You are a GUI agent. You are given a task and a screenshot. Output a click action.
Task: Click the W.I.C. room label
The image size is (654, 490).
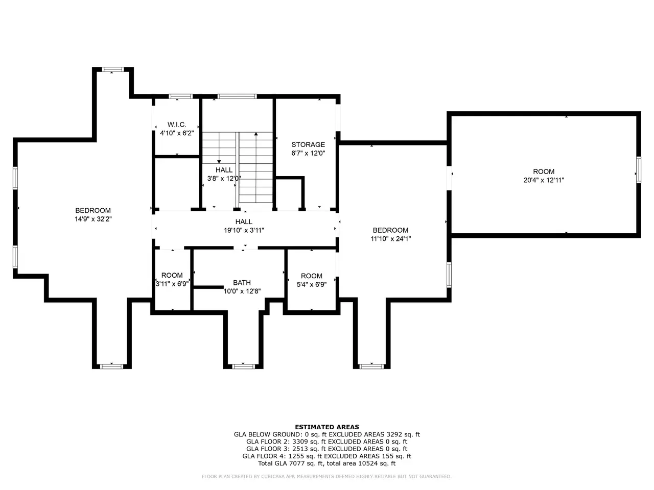tap(177, 125)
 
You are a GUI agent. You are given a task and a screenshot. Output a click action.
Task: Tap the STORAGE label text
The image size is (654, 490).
tap(308, 144)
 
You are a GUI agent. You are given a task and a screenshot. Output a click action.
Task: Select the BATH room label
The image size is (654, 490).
tap(242, 282)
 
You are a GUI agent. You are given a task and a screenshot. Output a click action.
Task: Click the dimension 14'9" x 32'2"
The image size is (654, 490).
tap(93, 219)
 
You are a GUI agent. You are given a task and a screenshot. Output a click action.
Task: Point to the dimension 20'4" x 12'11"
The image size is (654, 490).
tap(544, 180)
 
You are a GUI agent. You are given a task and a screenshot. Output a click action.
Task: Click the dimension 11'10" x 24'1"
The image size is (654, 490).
tap(391, 238)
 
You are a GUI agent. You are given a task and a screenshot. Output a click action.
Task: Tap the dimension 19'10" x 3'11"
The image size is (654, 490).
tap(244, 230)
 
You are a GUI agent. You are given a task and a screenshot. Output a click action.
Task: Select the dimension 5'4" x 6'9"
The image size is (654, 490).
tap(312, 284)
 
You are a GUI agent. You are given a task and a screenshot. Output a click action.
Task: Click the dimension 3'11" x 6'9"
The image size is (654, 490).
tap(172, 284)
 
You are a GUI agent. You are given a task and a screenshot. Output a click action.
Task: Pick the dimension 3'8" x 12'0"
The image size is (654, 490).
tap(224, 179)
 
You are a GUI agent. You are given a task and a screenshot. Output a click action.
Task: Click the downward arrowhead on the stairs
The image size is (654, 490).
tap(219, 162)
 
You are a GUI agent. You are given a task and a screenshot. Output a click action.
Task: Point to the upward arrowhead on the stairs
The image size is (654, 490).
tap(256, 134)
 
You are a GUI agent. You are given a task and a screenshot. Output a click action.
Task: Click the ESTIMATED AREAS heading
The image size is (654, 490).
tap(327, 427)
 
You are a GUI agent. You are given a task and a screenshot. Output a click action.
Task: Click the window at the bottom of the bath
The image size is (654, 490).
tap(243, 366)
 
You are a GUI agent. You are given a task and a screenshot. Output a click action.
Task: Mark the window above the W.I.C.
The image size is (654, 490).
tap(180, 96)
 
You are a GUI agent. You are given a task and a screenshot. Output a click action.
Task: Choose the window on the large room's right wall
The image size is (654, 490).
tap(639, 170)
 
